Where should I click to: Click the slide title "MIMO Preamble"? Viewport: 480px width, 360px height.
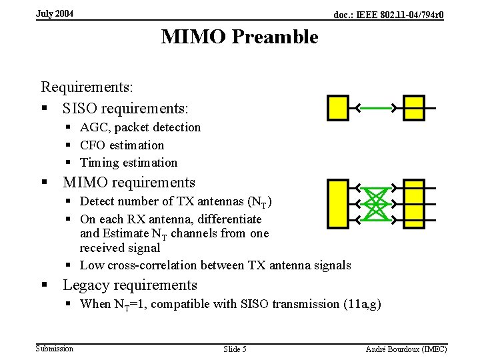point(239,37)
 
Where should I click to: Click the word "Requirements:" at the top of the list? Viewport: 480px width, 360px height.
point(87,87)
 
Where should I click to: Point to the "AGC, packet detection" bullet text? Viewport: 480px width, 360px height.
point(140,127)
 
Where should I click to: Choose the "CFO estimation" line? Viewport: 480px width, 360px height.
point(122,145)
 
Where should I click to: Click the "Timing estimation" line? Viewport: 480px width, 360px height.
point(129,163)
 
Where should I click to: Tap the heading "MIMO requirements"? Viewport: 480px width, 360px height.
point(129,182)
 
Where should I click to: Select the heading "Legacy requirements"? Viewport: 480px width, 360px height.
point(130,285)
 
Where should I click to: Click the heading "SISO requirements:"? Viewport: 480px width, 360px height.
point(126,107)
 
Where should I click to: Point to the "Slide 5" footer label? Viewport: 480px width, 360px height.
point(235,349)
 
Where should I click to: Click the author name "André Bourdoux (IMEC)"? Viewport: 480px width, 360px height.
point(407,349)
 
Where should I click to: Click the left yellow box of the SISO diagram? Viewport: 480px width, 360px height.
point(337,107)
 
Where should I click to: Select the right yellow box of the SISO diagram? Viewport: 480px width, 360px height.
point(414,107)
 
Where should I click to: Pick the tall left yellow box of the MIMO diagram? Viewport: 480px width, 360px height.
point(337,203)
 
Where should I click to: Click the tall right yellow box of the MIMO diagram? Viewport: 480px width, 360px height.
point(414,203)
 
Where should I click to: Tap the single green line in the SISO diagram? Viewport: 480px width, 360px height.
point(376,107)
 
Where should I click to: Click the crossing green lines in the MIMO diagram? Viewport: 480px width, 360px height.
point(376,203)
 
